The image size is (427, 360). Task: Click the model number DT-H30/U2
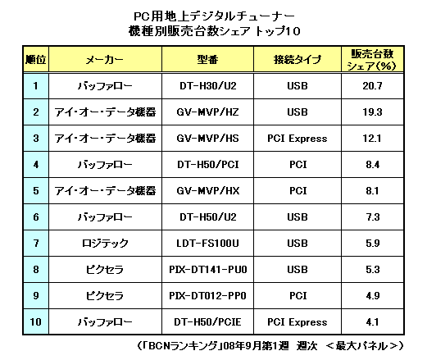[208, 86]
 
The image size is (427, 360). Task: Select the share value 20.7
[372, 86]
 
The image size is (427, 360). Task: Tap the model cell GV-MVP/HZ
[207, 112]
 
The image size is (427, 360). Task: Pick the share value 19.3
[372, 112]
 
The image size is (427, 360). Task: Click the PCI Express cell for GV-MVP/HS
[298, 139]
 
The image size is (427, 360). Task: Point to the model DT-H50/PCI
[208, 165]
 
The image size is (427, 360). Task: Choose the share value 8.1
[372, 191]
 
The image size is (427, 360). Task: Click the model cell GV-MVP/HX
[208, 191]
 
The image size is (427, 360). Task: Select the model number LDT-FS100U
[207, 244]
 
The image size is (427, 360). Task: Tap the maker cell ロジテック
[105, 244]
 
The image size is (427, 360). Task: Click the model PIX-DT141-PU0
[208, 270]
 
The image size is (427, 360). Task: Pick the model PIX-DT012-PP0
[207, 296]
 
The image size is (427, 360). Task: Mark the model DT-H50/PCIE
[207, 322]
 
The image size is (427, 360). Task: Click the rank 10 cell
[36, 322]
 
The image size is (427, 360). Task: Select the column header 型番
[207, 59]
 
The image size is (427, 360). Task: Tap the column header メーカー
[105, 60]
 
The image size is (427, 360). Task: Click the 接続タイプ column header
[298, 59]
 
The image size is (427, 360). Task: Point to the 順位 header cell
[36, 59]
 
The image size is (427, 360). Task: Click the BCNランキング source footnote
[270, 346]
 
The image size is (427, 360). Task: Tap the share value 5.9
[372, 244]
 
